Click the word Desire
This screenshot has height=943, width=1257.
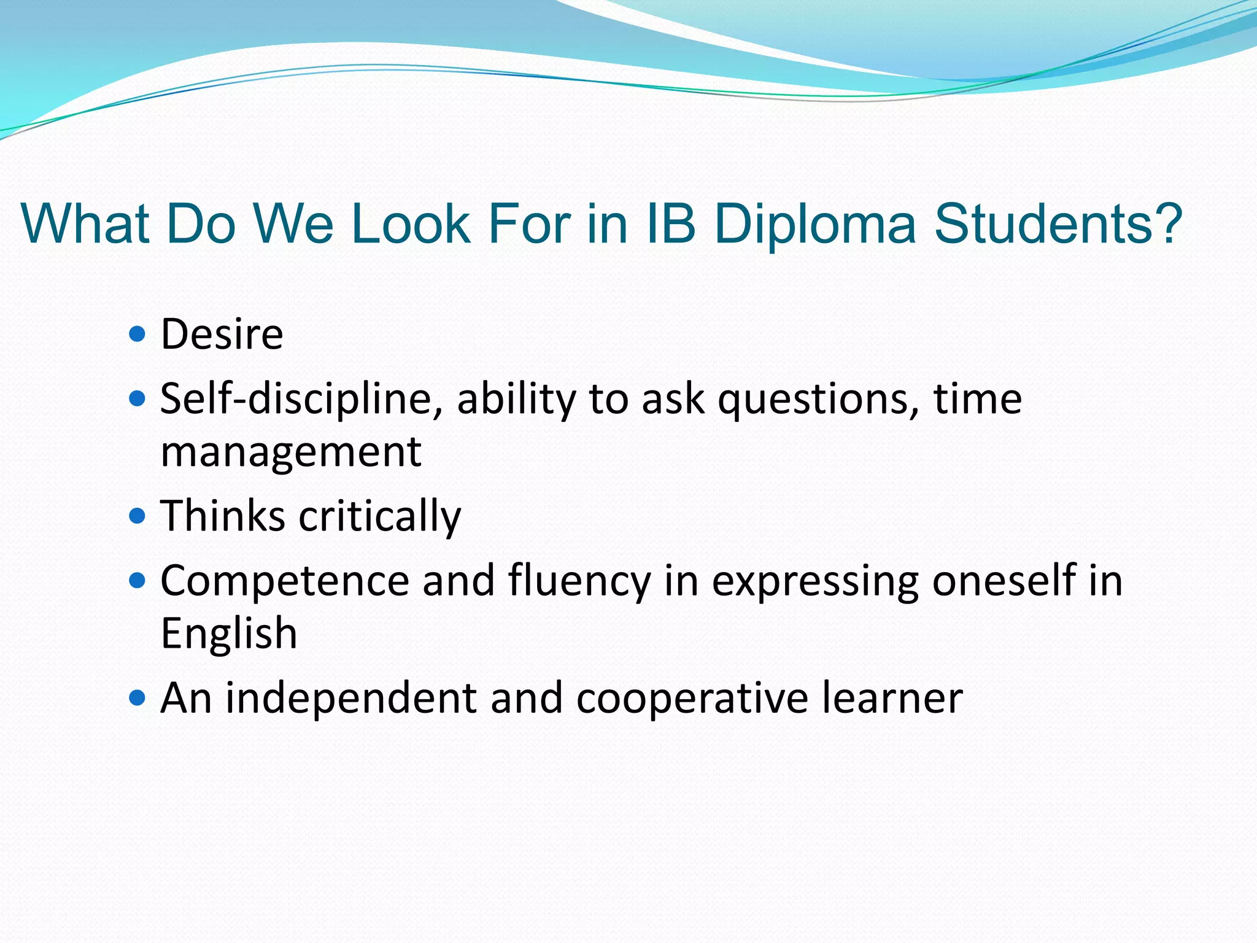point(222,335)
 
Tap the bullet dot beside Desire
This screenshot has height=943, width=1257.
point(138,335)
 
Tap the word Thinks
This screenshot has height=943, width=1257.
point(223,516)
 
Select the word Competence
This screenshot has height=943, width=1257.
point(285,581)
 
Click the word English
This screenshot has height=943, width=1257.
point(229,634)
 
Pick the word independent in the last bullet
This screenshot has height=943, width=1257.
point(351,698)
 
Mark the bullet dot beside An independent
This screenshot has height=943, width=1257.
point(138,698)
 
